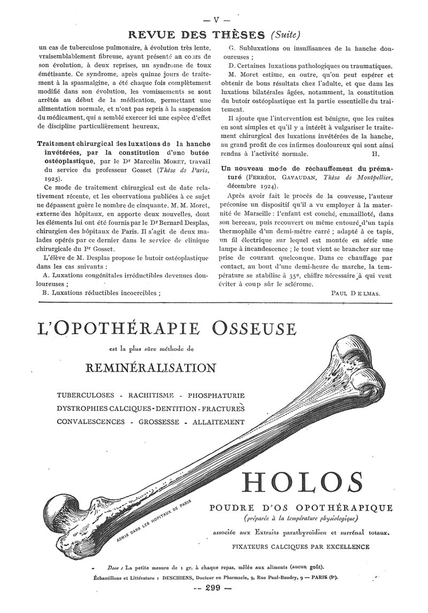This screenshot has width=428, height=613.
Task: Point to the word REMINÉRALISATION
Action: pyautogui.click(x=150, y=368)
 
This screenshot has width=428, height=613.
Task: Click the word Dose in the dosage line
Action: pyautogui.click(x=112, y=567)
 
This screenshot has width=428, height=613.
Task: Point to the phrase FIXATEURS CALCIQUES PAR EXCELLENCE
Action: pyautogui.click(x=301, y=547)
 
